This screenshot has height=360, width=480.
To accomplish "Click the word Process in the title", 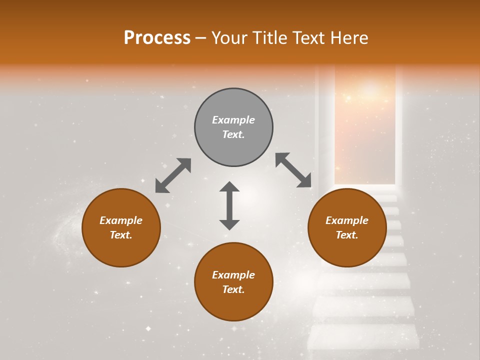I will tap(157, 38).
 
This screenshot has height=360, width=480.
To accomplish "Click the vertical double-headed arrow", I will tap(229, 206).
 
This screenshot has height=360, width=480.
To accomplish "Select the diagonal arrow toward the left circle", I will tap(173, 175).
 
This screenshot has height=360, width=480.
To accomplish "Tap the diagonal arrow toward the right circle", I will tap(293, 170).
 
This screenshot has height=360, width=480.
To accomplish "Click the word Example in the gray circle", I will tap(233, 120).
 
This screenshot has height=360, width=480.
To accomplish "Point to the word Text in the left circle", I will tap(121, 235).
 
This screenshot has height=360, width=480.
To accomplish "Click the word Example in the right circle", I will tap(347, 220).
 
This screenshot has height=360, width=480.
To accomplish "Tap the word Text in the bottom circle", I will tap(233, 289).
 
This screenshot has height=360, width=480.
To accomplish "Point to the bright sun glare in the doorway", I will tap(370, 90).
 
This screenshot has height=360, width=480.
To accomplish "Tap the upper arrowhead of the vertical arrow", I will tap(229, 187).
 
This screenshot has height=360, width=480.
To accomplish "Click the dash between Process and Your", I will tap(201, 38).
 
